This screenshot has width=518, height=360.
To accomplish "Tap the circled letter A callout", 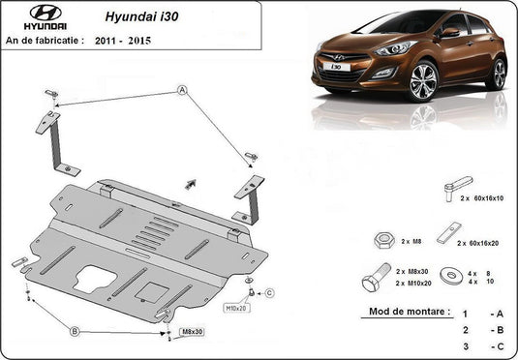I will tap(181, 90).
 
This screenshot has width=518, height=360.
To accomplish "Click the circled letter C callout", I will tap(269, 292).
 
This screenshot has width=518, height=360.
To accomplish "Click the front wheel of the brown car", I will tap(423, 82).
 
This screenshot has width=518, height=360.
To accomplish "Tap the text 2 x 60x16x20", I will tap(477, 243).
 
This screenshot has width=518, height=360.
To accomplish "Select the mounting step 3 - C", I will tap(482, 345).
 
